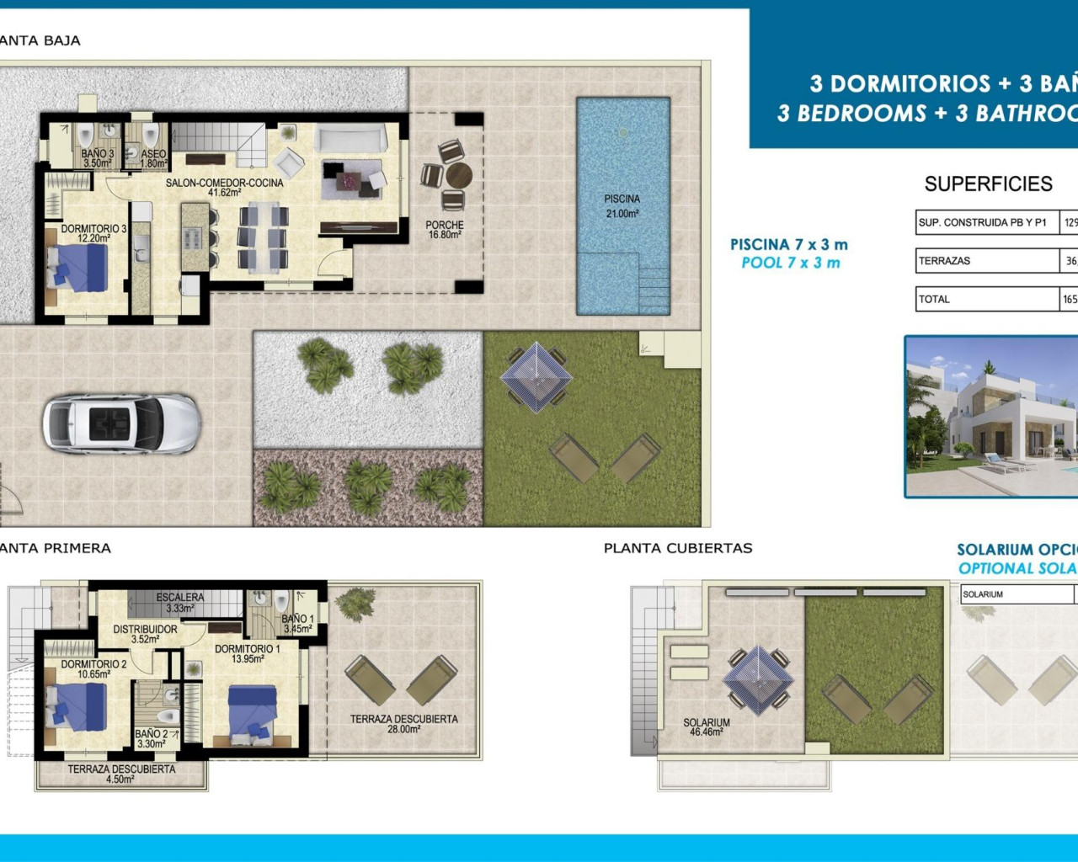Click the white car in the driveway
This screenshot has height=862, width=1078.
(x=121, y=424)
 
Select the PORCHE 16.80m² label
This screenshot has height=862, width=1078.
(x=445, y=230)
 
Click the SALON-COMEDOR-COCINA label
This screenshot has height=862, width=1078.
(x=224, y=187)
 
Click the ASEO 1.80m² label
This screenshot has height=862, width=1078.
(x=153, y=158)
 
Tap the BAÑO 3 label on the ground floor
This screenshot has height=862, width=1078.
(x=98, y=158)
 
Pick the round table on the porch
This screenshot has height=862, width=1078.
(x=459, y=176)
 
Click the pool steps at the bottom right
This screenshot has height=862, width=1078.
(x=653, y=287)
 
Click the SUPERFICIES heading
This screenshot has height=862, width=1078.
(x=988, y=184)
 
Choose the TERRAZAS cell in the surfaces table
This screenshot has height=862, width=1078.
(x=986, y=261)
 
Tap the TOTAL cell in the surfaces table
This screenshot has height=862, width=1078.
(x=986, y=299)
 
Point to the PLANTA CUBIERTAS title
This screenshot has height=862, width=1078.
(x=678, y=548)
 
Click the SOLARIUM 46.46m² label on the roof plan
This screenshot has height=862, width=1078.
(x=707, y=727)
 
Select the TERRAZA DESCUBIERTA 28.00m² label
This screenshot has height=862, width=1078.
(x=404, y=724)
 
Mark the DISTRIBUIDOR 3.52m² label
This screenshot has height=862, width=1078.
(x=145, y=634)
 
